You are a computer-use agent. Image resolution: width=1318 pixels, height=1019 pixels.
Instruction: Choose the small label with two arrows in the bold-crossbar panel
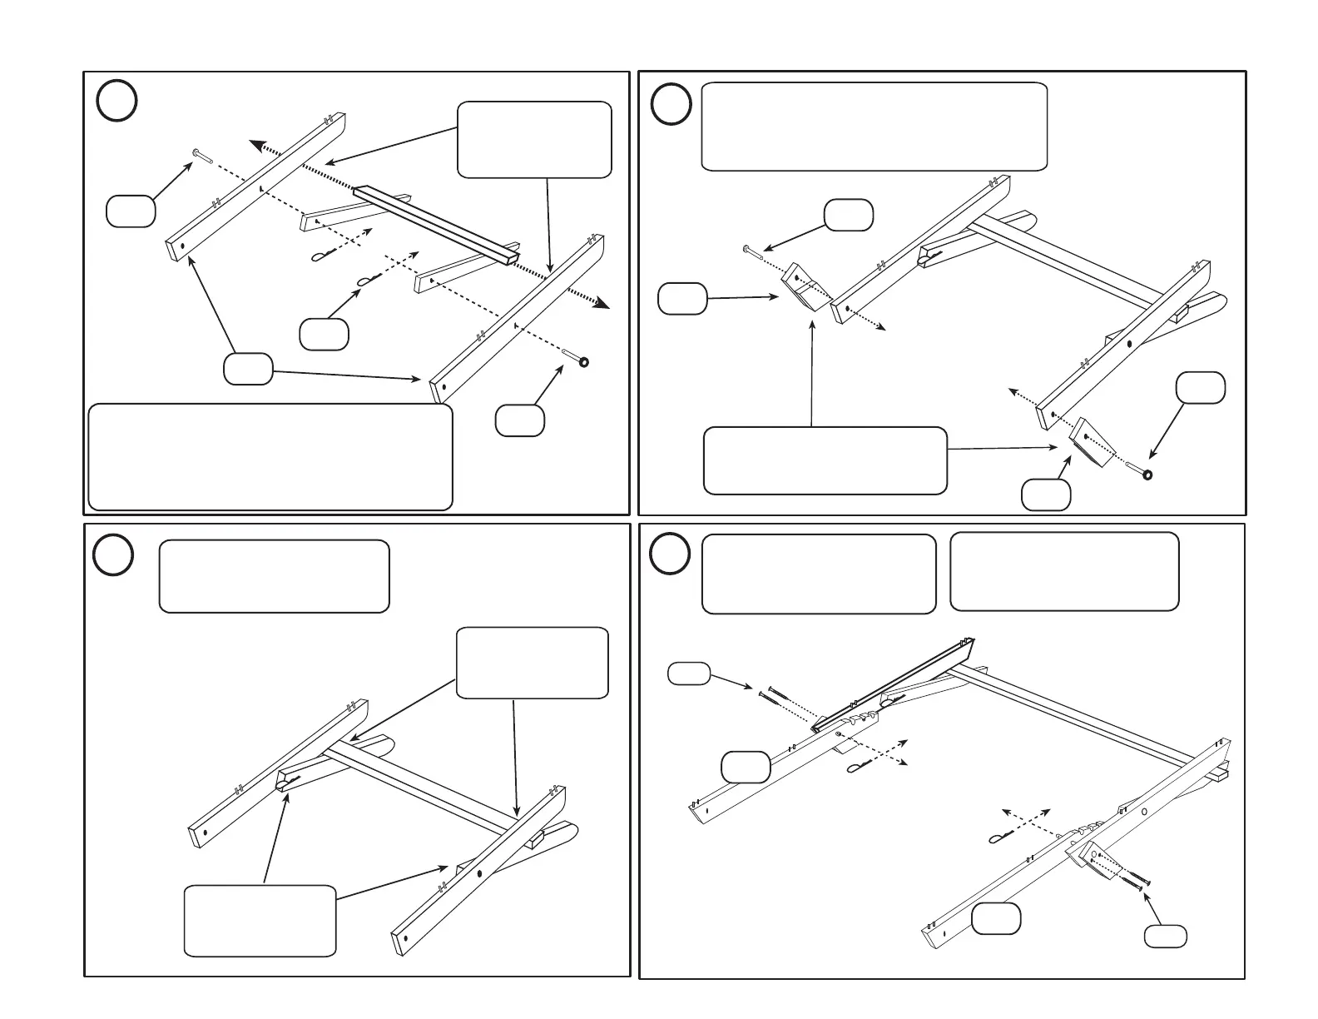coord(248,368)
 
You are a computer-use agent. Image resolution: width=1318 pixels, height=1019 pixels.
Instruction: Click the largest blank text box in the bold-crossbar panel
coord(270,456)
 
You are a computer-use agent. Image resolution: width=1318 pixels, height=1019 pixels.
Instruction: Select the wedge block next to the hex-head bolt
coord(804,286)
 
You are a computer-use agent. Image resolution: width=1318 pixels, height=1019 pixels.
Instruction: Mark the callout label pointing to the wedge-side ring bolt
coord(1200,388)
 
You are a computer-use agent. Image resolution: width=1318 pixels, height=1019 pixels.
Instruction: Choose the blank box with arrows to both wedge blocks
coord(825,460)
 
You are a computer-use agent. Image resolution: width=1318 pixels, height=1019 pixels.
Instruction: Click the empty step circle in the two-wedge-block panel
coord(671,105)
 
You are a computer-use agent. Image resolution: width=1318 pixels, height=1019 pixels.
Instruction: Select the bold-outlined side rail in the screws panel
coord(894,683)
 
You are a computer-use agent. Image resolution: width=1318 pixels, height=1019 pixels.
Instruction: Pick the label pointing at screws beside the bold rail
coord(689,674)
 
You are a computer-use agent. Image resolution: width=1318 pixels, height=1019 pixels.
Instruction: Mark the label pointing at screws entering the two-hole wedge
coord(1165,935)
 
